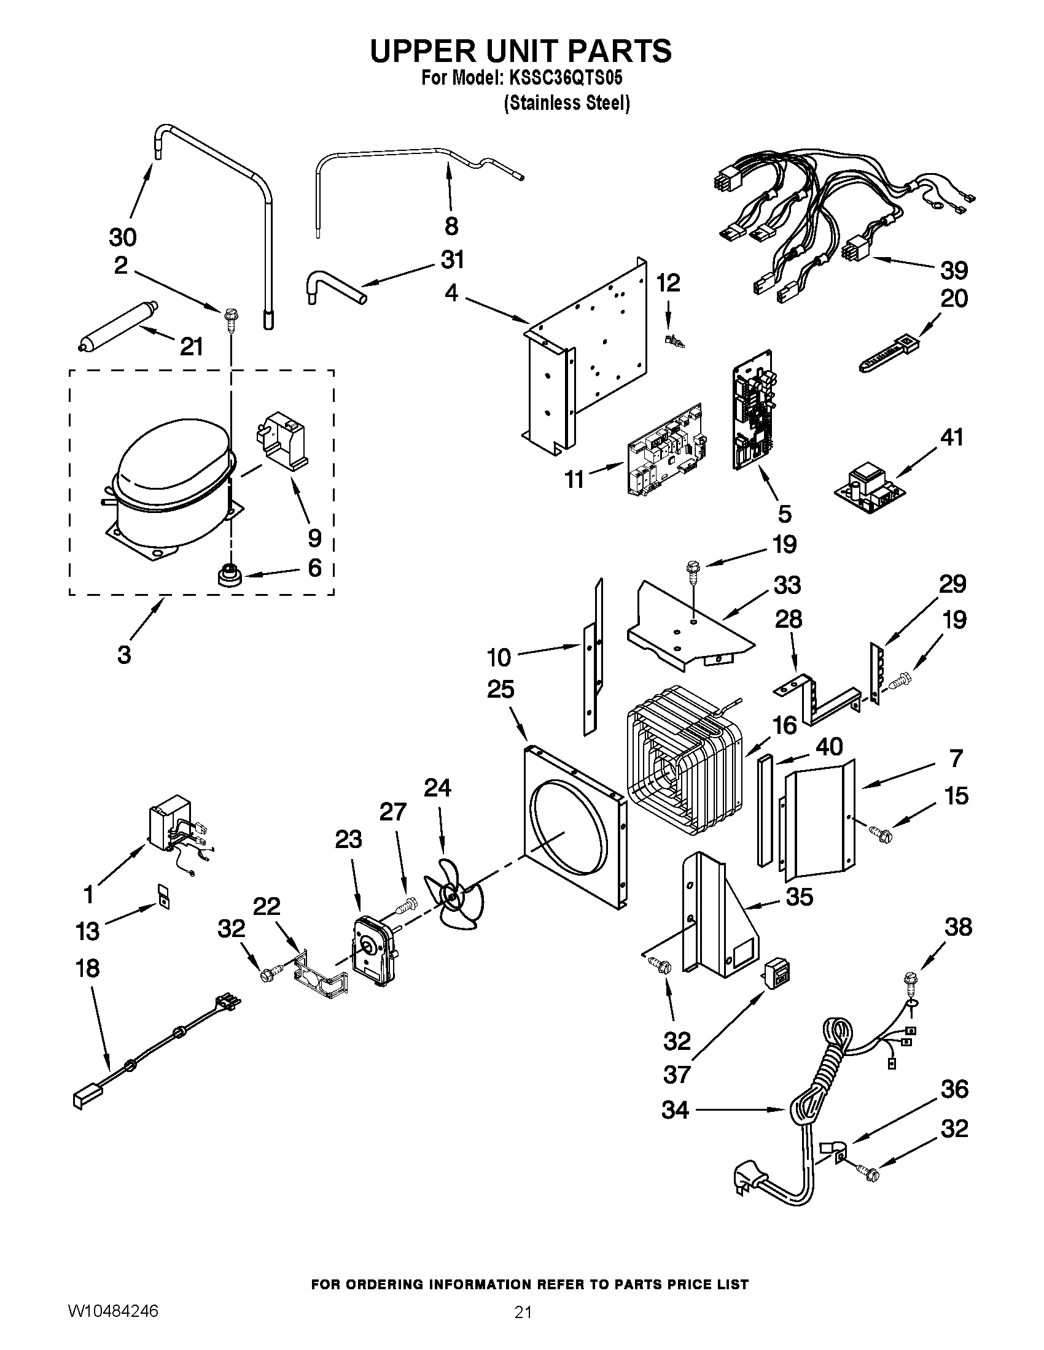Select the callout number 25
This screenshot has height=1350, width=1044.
pos(501,688)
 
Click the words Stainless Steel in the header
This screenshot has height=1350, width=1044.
pos(567,102)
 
